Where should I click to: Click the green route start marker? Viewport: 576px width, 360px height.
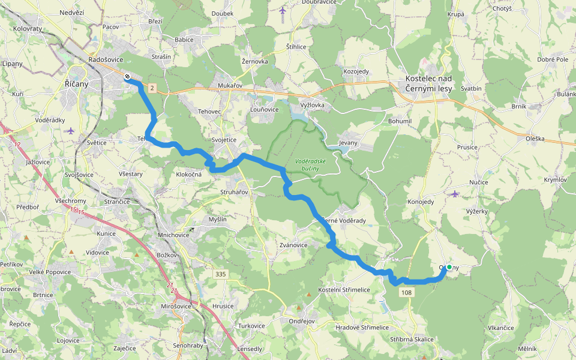tap(449, 267)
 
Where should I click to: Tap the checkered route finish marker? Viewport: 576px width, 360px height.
tap(127, 76)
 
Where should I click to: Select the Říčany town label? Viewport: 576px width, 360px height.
tap(76, 84)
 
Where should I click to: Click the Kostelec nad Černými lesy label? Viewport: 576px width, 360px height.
tap(428, 83)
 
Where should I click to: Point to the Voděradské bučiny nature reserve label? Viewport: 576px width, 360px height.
tap(310, 164)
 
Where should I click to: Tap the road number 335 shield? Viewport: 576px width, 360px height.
tap(221, 274)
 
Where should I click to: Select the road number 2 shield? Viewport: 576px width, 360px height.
tap(152, 89)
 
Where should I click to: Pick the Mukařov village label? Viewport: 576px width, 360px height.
tap(229, 86)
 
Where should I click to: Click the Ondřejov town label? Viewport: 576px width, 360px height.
tap(302, 320)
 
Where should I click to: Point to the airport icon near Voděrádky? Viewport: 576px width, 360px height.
tap(71, 130)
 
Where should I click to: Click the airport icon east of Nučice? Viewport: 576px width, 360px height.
tap(455, 193)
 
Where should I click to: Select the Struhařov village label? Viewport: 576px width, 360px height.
tap(233, 192)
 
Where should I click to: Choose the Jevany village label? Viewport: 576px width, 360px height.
tap(348, 143)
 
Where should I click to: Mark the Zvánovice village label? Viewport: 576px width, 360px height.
tap(293, 245)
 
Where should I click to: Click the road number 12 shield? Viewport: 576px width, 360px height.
tap(17, 145)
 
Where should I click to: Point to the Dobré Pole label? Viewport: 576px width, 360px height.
tap(553, 59)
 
